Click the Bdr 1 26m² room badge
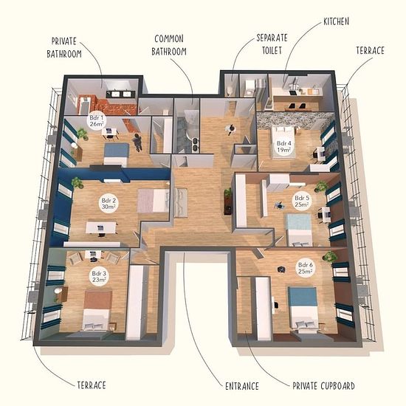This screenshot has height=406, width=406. click(96, 120)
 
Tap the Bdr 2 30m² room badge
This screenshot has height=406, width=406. click(109, 204)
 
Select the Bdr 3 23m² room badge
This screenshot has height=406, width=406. click(99, 277)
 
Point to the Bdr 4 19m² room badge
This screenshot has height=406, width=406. click(283, 146)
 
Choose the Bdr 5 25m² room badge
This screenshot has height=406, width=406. click(302, 201)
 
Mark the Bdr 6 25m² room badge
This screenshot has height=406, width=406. click(306, 268)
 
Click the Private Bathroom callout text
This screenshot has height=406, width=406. click(64, 48)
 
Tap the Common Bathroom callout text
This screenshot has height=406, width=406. click(169, 45)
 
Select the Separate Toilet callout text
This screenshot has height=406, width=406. click(272, 44)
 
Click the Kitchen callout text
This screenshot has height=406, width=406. click(336, 21)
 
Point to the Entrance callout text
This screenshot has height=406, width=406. click(242, 386)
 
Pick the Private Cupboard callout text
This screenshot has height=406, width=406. click(323, 386)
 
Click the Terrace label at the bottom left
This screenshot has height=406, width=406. click(92, 385)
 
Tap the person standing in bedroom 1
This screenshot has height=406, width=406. click(137, 142)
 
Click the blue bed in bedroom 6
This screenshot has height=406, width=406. click(303, 308)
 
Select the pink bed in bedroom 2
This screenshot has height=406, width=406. click(154, 201)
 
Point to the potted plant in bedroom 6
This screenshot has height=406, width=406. click(329, 257)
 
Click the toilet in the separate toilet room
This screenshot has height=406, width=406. click(230, 91)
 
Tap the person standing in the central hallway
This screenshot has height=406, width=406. click(231, 129)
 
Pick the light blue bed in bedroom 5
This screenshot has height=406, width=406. click(298, 230)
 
